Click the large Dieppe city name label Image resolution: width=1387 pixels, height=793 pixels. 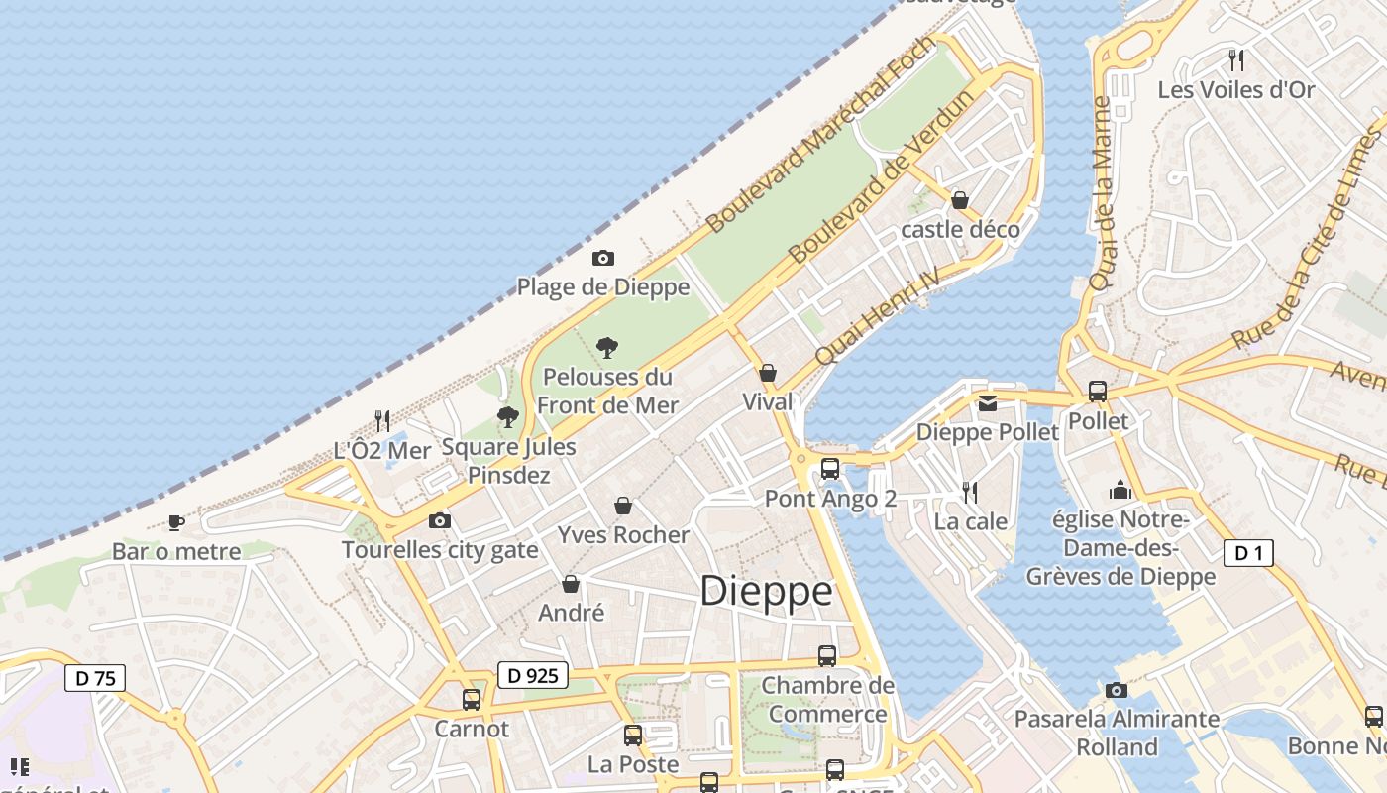point(766,591)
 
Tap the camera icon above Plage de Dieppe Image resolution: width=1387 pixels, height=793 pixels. point(602,259)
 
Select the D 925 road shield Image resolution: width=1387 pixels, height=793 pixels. point(532,676)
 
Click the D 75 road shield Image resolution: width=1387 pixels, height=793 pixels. point(95,679)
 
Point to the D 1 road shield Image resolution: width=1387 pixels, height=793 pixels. point(1248,553)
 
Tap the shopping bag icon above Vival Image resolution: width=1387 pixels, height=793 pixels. point(767,374)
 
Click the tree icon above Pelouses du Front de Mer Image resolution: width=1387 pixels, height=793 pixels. point(607,348)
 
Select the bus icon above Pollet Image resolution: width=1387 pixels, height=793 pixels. point(1097,392)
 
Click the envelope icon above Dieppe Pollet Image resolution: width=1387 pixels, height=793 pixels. point(988,403)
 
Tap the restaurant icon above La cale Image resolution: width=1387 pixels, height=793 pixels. point(970,492)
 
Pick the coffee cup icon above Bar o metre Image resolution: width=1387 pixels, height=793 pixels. point(176,521)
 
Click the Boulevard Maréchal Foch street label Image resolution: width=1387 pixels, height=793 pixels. point(821,135)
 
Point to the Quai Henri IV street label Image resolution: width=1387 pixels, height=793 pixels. point(876,316)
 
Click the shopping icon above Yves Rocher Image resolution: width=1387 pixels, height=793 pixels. point(623,507)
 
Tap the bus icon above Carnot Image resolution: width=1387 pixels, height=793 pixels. point(472,700)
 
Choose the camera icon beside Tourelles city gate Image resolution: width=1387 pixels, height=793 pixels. point(439,520)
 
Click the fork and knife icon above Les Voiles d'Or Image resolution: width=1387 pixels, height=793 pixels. point(1235,60)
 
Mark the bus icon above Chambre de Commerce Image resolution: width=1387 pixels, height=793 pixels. point(826,656)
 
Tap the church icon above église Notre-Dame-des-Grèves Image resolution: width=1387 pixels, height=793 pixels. point(1120,490)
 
